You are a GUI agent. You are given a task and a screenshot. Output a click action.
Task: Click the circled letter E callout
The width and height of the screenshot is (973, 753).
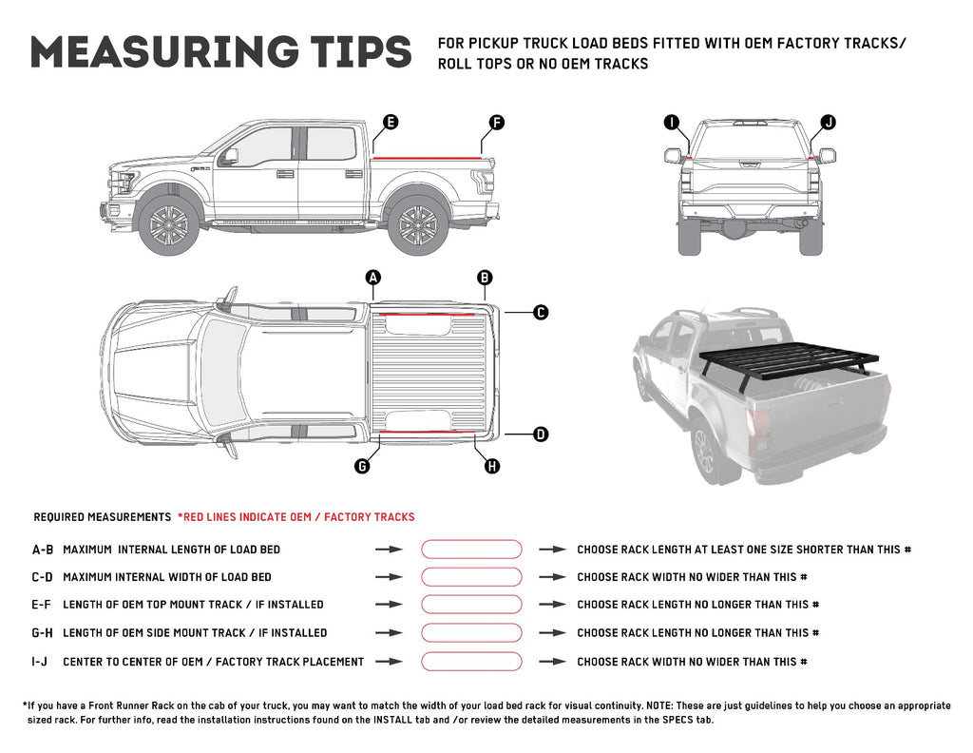pos(390,122)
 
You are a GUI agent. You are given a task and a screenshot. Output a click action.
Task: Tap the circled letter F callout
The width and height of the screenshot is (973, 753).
pos(496,122)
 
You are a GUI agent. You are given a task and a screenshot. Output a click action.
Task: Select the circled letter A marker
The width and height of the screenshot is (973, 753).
pos(373,278)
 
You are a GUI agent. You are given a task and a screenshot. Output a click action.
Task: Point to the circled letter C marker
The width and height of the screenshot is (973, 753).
pos(540,312)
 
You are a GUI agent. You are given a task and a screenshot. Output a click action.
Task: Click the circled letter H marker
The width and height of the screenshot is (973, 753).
pos(492,466)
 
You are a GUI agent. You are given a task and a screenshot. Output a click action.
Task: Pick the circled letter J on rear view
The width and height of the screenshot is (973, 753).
pos(828,122)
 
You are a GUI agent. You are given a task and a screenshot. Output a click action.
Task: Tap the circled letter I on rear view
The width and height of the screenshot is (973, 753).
pos(672,122)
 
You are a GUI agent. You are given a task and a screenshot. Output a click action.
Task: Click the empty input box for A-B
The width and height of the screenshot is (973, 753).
pos(471,550)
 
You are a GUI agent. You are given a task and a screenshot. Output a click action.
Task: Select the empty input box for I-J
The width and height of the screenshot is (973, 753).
pos(471,662)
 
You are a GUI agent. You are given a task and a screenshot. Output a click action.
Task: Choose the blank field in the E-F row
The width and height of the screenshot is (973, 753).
pos(471,605)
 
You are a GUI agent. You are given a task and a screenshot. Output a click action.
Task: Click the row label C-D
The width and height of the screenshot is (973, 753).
pos(43,577)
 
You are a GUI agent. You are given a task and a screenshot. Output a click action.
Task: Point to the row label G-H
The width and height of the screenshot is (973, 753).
pos(43,633)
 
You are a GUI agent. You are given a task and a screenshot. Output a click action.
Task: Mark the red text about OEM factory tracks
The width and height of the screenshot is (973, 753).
pos(296,517)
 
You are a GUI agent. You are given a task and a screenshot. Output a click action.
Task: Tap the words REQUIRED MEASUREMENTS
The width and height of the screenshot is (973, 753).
pos(102,517)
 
